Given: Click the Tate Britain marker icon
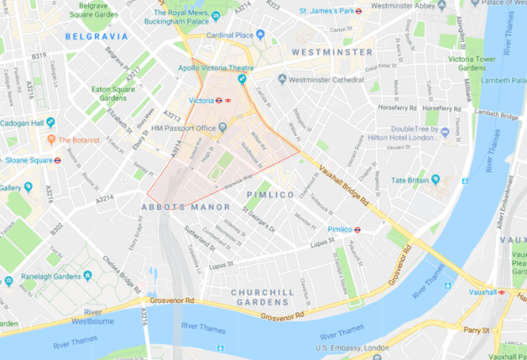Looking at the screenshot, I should point(384,179).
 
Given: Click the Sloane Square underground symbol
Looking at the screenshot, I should point(57,162).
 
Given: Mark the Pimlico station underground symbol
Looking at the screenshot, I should point(360,229).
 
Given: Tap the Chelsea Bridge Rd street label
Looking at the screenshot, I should point(121,274).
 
